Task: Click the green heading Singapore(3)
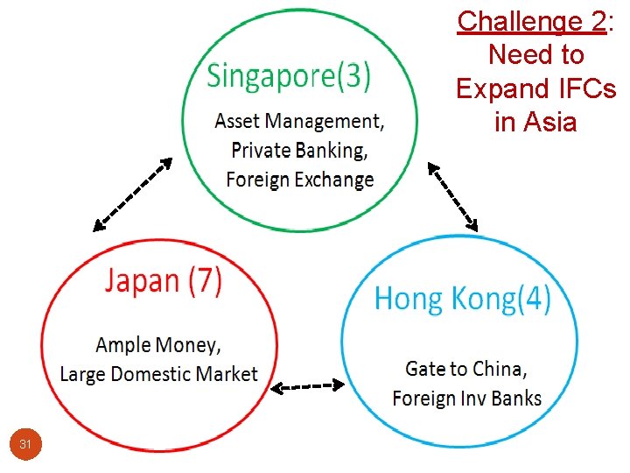point(288,77)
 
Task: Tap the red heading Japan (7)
point(164,281)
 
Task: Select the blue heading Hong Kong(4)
point(463,300)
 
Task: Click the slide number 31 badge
point(25,445)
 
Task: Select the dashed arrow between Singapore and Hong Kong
point(452,194)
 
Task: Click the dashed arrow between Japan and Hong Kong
point(305,385)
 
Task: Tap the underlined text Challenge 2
point(531,21)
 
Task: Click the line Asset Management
point(298,120)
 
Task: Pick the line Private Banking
point(298,150)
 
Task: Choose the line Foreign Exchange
point(298,180)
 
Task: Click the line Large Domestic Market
point(158,374)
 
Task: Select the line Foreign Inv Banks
point(466,399)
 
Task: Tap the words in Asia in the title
point(535,122)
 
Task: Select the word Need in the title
point(511,54)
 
